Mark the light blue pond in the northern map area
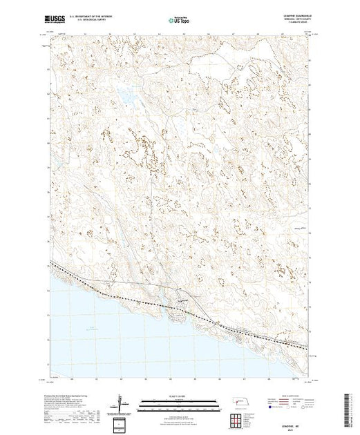tap(126, 97)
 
